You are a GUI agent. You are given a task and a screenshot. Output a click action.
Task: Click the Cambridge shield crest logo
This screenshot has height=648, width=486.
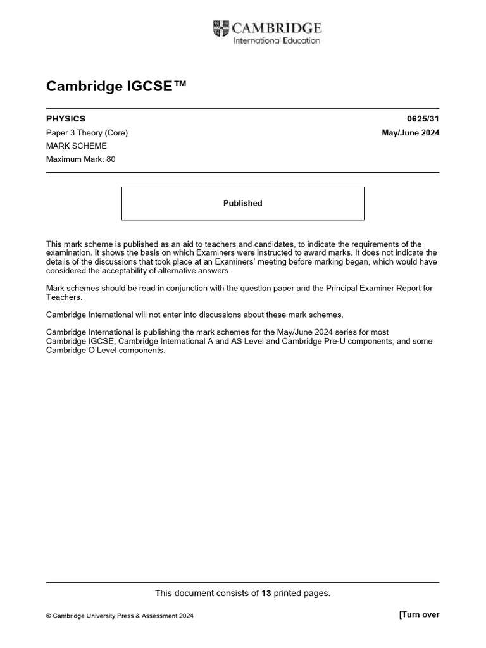point(221,28)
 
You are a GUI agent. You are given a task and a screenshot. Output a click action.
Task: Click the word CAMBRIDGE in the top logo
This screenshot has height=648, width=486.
point(277,28)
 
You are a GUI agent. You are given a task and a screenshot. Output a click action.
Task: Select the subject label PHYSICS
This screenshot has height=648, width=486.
point(66,119)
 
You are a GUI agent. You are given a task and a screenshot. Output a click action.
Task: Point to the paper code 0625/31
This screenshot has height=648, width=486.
point(423,119)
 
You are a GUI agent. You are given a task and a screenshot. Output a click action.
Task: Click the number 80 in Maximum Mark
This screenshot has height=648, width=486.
point(111,159)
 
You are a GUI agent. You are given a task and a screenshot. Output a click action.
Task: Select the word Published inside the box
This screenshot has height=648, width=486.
point(242,203)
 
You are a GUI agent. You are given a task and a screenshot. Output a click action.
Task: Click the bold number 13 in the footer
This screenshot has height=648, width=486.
point(266,593)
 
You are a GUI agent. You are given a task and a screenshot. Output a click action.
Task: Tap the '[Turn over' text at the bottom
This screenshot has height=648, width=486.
point(419,614)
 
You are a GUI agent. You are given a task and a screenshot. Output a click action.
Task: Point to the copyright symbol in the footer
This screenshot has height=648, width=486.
point(49,615)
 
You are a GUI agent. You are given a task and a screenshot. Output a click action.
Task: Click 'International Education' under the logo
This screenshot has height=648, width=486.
point(277,41)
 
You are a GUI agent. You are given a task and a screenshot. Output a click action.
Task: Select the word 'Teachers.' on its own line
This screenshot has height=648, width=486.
point(64,297)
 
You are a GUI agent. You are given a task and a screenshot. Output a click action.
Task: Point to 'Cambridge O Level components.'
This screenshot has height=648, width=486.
point(106,351)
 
